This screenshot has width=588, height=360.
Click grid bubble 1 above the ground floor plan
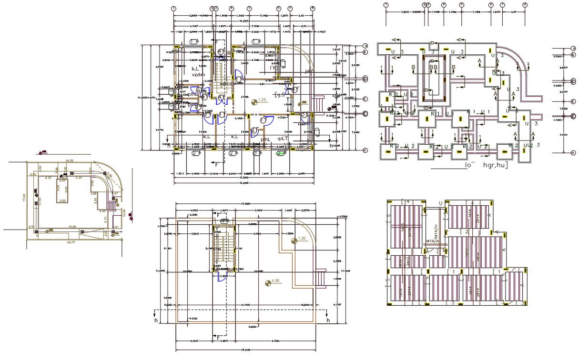point(174,8)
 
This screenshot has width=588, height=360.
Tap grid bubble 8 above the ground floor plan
point(313,8)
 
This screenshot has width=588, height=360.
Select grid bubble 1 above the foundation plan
point(386,5)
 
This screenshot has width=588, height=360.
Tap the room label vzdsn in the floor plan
point(198,74)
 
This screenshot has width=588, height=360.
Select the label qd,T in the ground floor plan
point(284,139)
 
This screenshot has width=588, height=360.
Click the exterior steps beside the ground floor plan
point(317,102)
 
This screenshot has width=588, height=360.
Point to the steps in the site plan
point(111,205)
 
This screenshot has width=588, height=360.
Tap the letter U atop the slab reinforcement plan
point(440,203)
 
